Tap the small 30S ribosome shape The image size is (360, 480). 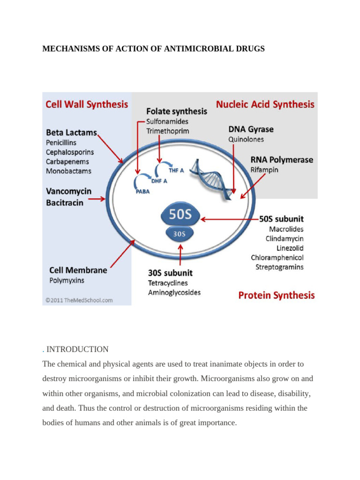pos(180,233)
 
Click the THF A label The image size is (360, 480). pos(177,171)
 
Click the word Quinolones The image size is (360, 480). pos(246,139)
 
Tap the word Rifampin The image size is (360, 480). pos(264,170)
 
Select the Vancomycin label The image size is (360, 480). pos(68,191)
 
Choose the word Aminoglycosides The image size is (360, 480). pos(174,292)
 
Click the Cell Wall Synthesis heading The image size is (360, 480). pos(86,104)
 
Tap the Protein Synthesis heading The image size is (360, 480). pos(277,295)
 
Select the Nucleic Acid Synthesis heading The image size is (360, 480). pos(265,104)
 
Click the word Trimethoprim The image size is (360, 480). pos(167,131)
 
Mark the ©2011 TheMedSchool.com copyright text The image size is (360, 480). pos(79,300)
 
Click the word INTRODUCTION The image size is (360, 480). pos(77,349)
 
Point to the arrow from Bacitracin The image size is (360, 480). pos(97,199)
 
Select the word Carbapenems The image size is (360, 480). pos(68,162)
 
